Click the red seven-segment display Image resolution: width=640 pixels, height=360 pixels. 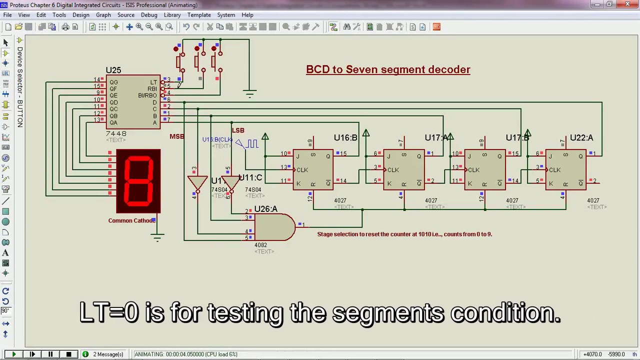click(x=138, y=181)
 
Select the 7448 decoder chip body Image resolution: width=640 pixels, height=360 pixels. click(x=133, y=102)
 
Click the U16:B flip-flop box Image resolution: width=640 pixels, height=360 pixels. click(x=313, y=169)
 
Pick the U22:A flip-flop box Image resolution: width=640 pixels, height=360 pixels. click(x=565, y=169)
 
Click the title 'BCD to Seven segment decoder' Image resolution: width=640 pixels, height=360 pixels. click(x=388, y=69)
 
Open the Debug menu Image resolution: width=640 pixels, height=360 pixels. click(x=149, y=15)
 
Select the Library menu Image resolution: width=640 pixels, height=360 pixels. click(x=172, y=15)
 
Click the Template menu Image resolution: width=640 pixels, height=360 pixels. click(x=199, y=15)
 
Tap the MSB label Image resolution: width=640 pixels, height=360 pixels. click(x=176, y=136)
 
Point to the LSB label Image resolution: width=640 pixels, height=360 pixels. click(x=238, y=130)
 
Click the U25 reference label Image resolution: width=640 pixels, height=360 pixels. click(x=113, y=70)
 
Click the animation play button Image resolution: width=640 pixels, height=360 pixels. click(x=13, y=354)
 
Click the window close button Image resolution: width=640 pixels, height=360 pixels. click(x=628, y=4)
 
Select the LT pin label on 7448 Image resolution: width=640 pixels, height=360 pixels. click(x=153, y=82)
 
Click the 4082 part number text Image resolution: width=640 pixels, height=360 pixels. click(x=260, y=245)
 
